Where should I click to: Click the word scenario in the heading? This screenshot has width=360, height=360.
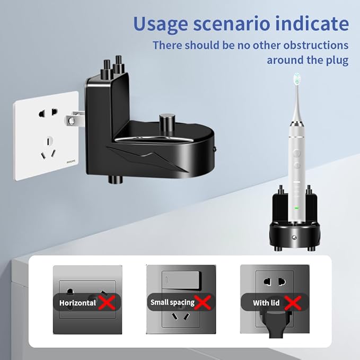click(x=231, y=24)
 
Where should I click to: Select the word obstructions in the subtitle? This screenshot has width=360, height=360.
click(x=315, y=45)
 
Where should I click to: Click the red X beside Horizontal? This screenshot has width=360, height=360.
click(x=107, y=302)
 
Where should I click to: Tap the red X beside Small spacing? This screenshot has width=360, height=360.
click(x=203, y=302)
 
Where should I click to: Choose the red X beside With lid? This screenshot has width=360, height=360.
click(x=293, y=303)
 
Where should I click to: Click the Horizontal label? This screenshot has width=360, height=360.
click(x=77, y=303)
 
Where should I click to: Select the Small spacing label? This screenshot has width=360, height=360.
click(x=172, y=303)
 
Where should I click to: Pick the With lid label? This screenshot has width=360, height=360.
click(x=266, y=303)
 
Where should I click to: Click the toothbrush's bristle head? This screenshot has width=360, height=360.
click(x=297, y=78)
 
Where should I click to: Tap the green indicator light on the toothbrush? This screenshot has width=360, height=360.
click(x=296, y=208)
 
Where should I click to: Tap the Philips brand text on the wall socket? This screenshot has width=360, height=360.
click(x=71, y=162)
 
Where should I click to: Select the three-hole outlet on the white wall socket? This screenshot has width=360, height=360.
click(x=48, y=148)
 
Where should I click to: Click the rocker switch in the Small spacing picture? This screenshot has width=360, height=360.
click(x=182, y=280)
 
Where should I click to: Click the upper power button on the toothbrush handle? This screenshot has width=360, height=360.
click(x=297, y=153)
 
